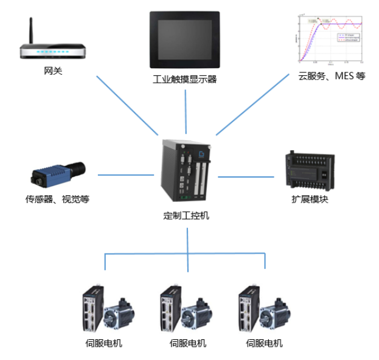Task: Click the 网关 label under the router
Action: coord(53,72)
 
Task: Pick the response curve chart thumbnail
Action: coord(329,38)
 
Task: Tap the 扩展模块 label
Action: coord(310,199)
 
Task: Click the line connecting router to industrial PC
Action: coord(127,106)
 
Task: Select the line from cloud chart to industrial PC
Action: coord(252,103)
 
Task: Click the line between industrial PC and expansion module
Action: coord(246,177)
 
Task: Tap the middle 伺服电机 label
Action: coord(188,344)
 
